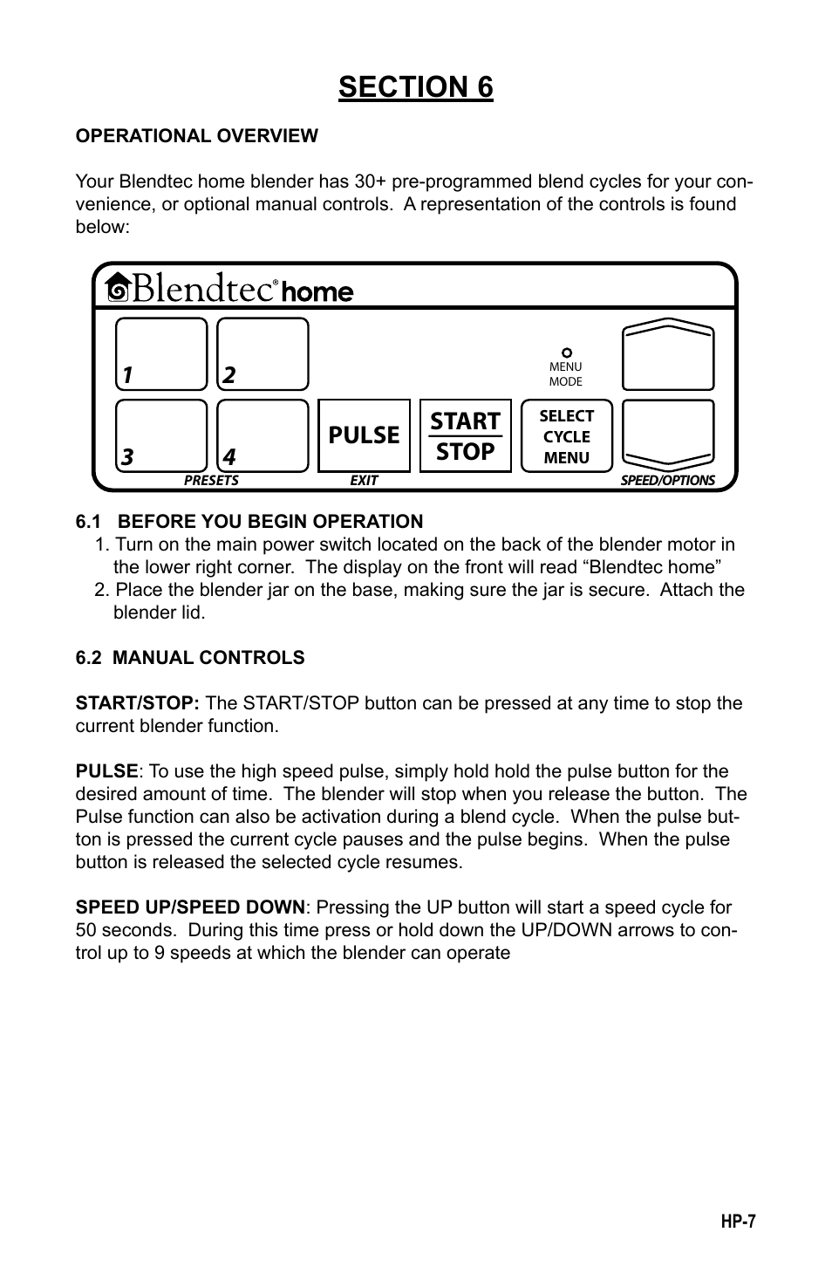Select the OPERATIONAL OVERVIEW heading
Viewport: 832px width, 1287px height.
(x=196, y=136)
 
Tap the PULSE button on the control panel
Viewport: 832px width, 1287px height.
(x=364, y=435)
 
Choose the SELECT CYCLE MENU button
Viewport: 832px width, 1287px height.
(x=566, y=436)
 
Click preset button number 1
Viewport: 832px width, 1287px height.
(x=161, y=353)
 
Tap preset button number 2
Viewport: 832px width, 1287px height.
(x=263, y=353)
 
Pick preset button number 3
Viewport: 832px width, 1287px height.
(x=161, y=435)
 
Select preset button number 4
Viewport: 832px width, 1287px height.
(x=263, y=435)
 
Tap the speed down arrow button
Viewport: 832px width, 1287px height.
(x=667, y=434)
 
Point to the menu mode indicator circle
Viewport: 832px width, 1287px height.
(x=566, y=353)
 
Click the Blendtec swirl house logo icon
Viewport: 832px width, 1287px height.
(x=119, y=289)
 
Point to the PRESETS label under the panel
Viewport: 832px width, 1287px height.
(x=211, y=480)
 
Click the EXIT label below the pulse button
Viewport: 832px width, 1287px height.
(x=364, y=480)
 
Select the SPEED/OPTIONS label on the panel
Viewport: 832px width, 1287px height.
(x=667, y=480)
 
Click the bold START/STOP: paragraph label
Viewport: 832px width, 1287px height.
(x=138, y=703)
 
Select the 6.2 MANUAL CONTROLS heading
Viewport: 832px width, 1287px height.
(x=190, y=658)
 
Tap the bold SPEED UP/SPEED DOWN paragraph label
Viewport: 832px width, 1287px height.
(x=190, y=907)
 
